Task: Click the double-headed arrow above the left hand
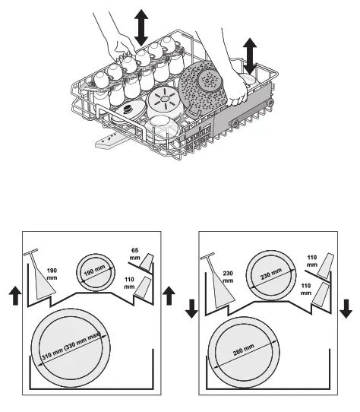click(141, 27)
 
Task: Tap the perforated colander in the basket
click(205, 92)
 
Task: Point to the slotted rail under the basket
click(110, 139)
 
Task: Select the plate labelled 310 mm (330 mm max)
click(73, 348)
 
